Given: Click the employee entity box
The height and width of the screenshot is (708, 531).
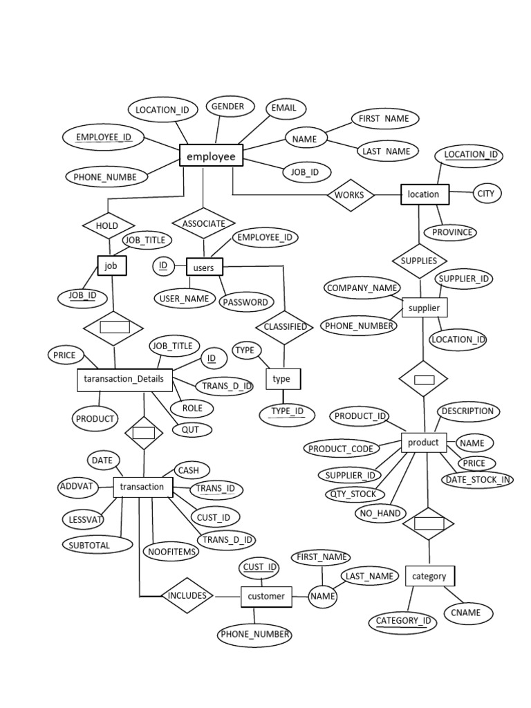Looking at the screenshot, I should coord(211,156).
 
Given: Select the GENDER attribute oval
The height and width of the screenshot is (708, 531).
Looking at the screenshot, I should coord(227,107).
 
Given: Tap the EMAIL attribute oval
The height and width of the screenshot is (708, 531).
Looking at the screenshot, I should coord(283,108).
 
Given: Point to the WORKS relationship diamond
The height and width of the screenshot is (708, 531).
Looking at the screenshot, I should coord(349,195).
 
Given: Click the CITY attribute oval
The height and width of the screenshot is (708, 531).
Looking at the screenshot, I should coord(486,194).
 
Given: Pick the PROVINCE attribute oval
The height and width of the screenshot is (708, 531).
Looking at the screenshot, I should coord(452,232).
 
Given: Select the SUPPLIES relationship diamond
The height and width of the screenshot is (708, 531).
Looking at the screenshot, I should coord(419,261).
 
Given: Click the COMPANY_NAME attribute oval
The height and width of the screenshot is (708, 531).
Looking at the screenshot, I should coord(362,288).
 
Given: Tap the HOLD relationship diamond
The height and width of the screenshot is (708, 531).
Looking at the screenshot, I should coord(107,225).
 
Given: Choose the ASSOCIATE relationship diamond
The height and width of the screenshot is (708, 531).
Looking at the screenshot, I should coord(203,223).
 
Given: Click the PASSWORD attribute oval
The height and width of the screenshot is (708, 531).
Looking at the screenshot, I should coord(245,302).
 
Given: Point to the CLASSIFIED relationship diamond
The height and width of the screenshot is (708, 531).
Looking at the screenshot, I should coord(285,326).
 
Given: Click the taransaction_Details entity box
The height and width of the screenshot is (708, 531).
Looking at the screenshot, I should coord(124,379).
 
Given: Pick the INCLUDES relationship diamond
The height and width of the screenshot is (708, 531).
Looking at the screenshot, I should coord(187,595).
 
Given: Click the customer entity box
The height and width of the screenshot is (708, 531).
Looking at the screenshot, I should coord(266,596).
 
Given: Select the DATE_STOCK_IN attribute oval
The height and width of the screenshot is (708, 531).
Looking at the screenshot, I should coord(478,480).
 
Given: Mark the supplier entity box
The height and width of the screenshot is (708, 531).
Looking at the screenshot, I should coord(425,308).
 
